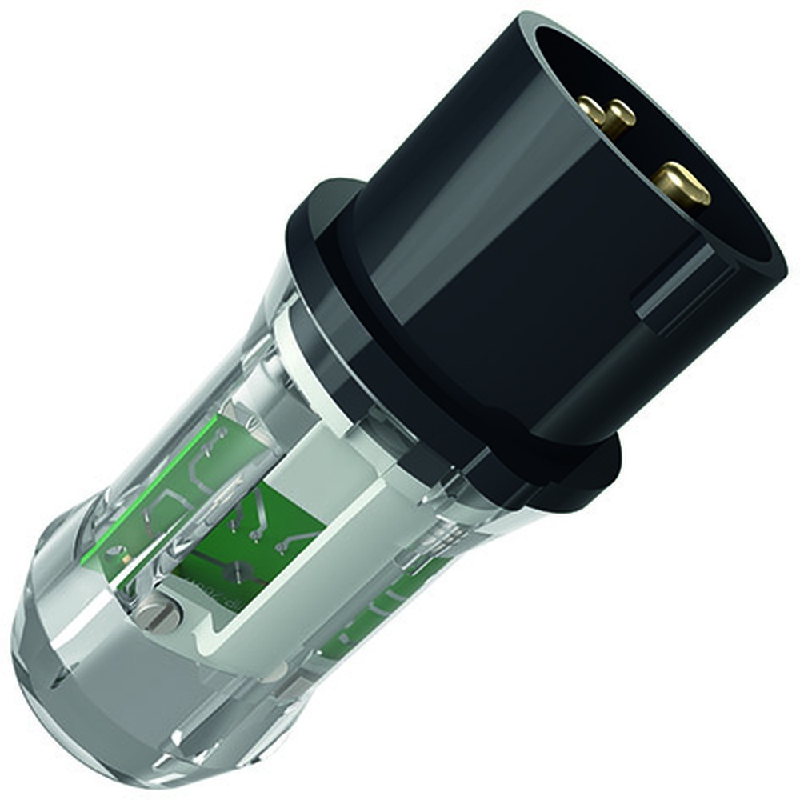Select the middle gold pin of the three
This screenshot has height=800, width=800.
coord(618,117)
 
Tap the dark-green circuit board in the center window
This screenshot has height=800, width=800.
coord(264,544)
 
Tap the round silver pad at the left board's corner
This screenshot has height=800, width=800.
coord(118,552)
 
